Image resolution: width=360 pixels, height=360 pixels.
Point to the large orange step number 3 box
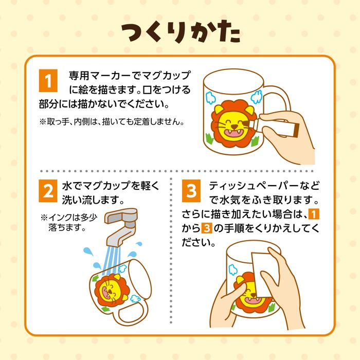pos(191,191)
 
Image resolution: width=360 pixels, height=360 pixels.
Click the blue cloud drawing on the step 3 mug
pos(233,270)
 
